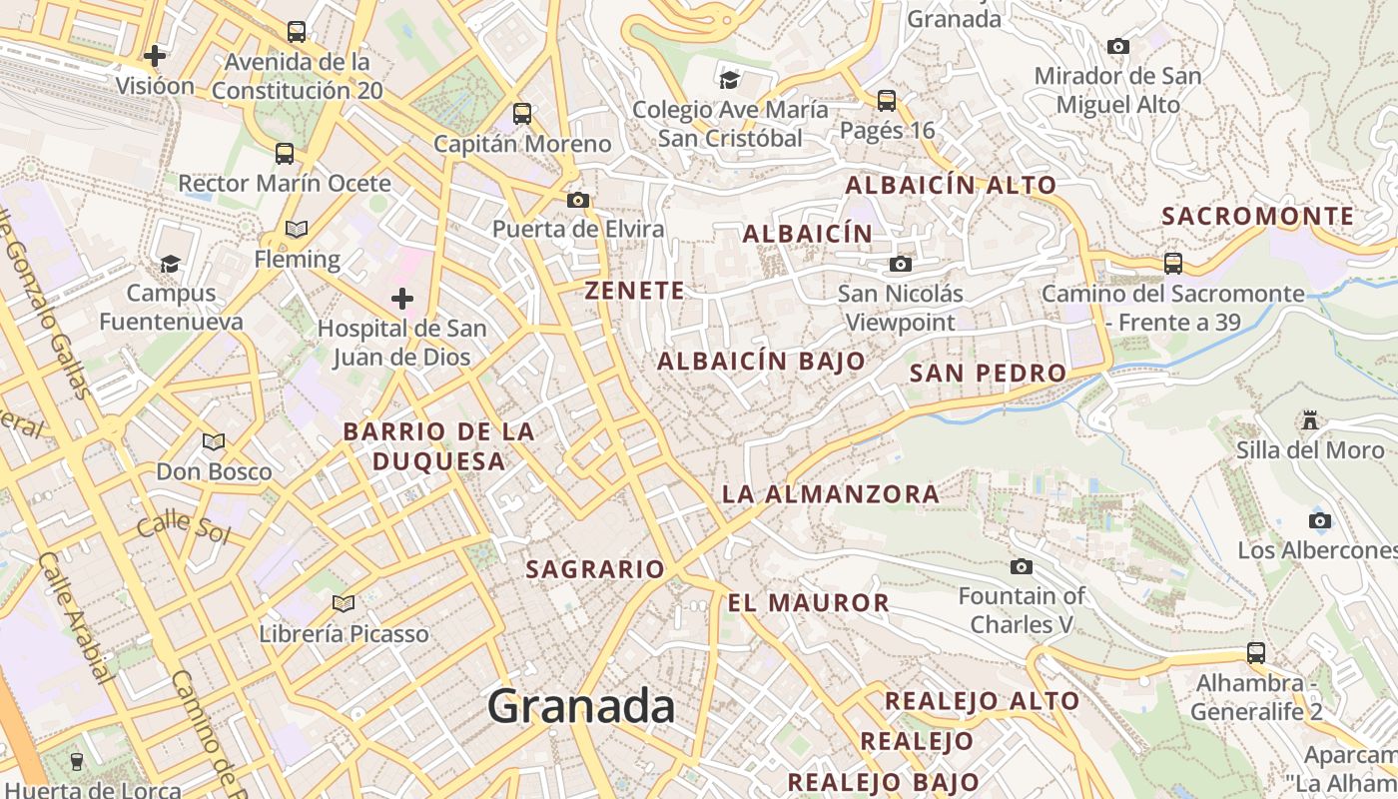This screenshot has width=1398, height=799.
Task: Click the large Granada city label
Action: tap(581, 707)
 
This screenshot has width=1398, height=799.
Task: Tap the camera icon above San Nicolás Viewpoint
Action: tap(901, 264)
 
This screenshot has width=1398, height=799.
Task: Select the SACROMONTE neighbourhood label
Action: tap(1258, 216)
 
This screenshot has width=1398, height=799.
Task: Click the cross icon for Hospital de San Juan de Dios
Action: tap(402, 298)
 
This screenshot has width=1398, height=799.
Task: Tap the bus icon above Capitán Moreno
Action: tap(522, 114)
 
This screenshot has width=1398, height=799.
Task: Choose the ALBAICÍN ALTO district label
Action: tap(951, 185)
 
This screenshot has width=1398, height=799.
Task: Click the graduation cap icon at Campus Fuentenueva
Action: tap(171, 264)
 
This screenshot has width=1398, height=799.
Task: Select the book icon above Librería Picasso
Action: tap(344, 603)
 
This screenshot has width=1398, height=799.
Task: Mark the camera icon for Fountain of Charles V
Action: tap(1021, 566)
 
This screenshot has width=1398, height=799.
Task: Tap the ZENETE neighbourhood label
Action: tap(635, 291)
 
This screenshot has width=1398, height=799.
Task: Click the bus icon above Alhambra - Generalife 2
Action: tap(1256, 653)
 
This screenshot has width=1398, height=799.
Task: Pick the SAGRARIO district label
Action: tap(595, 569)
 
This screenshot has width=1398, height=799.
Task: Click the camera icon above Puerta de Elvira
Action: tap(577, 200)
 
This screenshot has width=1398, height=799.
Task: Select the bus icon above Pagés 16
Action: tap(887, 100)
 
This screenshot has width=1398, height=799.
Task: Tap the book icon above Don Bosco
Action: tap(214, 441)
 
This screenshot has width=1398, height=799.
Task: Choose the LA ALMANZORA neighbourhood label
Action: tap(831, 493)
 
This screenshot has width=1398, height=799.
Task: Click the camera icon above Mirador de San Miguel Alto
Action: tap(1118, 46)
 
